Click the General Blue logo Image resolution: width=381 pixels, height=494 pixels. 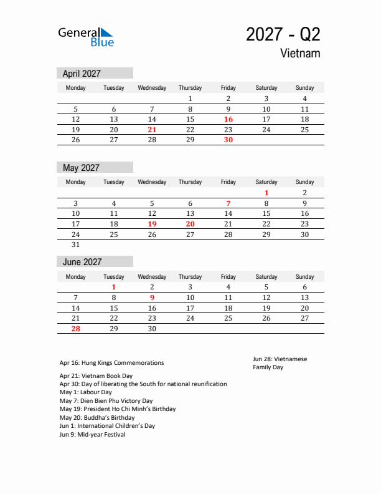point(86,36)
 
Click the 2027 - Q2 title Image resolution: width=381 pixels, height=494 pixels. point(283,34)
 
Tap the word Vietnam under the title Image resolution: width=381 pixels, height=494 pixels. point(300,53)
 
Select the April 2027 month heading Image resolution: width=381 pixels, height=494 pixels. point(82,73)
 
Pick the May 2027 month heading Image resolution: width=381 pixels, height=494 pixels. point(81,167)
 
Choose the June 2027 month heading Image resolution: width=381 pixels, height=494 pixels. point(82,262)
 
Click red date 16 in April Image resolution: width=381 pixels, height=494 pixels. point(228,119)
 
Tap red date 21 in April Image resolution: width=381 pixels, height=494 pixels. point(152,130)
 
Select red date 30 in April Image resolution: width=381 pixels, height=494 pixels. point(228,140)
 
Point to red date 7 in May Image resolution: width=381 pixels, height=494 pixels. point(228,203)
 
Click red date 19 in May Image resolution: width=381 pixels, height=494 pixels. point(152,224)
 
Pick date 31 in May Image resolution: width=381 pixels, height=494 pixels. point(76,245)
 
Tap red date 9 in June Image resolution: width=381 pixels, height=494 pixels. point(152,298)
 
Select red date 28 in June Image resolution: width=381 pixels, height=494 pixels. point(76,329)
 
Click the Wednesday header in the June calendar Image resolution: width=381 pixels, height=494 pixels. point(152,277)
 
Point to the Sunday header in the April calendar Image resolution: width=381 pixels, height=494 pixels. point(304,88)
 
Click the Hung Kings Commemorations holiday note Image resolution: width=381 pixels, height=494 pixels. point(111,362)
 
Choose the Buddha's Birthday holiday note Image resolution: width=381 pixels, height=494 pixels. point(96,417)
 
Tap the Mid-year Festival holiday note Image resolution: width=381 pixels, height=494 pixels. point(92,435)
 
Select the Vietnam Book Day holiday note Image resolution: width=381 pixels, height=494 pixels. point(96,376)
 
